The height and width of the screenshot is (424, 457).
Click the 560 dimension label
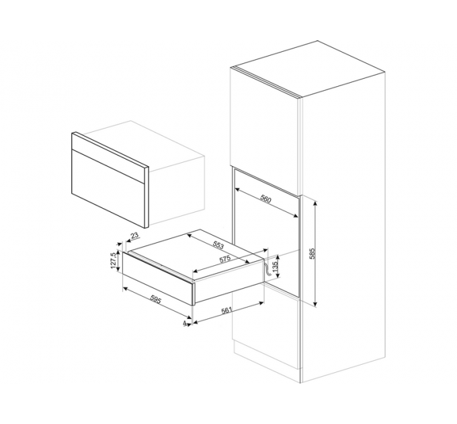(266, 200)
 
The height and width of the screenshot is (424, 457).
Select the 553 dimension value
(218, 246)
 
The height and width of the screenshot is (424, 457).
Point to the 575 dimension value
(225, 258)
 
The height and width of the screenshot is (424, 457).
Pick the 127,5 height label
(114, 260)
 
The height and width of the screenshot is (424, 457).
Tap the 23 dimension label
(134, 236)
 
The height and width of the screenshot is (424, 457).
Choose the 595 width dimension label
(155, 299)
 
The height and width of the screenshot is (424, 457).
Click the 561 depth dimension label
(226, 310)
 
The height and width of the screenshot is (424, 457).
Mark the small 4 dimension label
(185, 323)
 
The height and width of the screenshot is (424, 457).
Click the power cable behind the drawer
(266, 268)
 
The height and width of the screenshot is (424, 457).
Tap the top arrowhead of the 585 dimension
(315, 202)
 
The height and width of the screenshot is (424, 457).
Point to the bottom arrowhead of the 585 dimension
(315, 304)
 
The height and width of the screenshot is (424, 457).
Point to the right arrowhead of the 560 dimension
(296, 215)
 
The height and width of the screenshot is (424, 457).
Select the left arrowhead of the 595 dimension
(125, 289)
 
